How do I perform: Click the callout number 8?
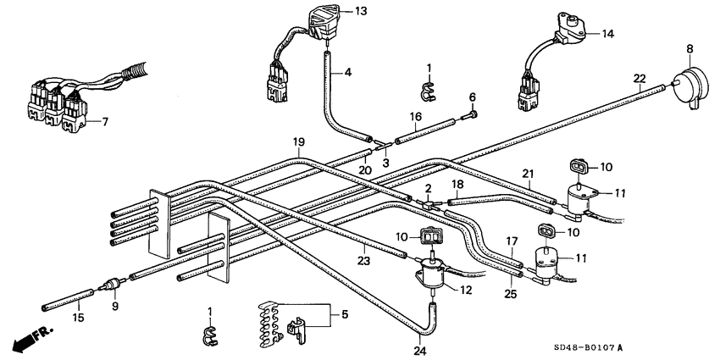click(x=689, y=48)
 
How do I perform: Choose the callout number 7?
click(x=104, y=122)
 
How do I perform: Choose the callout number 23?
click(x=364, y=261)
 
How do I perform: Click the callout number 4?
click(x=347, y=73)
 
